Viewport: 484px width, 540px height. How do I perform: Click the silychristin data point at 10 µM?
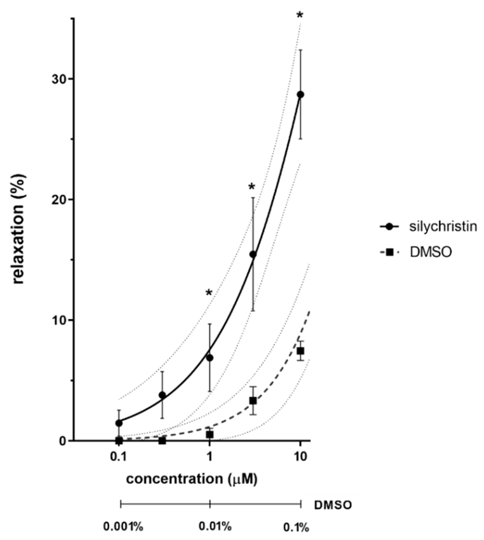[300, 95]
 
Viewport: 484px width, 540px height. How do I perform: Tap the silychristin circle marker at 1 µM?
[210, 358]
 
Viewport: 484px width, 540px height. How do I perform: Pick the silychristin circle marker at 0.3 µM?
[162, 395]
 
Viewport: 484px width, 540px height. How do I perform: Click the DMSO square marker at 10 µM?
[300, 351]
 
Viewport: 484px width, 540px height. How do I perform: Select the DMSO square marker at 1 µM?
[210, 434]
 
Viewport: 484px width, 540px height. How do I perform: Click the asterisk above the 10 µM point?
[300, 15]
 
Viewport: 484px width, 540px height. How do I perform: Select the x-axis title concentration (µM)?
[191, 479]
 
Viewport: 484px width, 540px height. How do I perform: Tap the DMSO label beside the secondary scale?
[333, 505]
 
